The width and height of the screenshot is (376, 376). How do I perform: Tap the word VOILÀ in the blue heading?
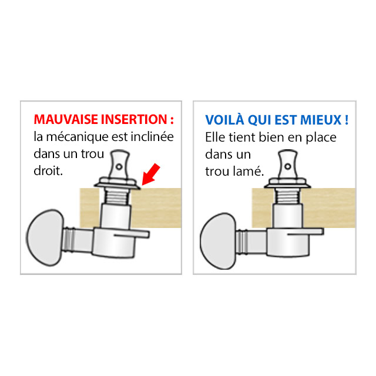(223, 120)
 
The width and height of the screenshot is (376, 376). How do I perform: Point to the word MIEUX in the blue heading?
(321, 120)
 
